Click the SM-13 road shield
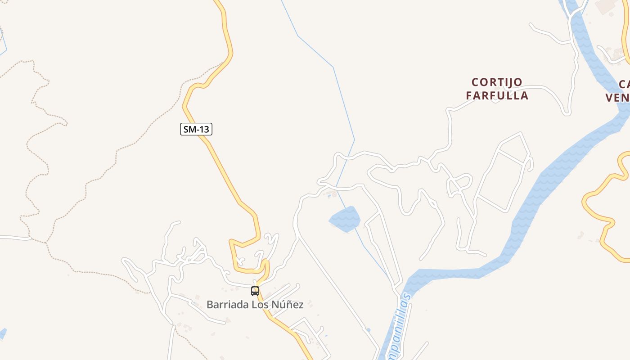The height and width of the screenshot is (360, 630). [x=196, y=130]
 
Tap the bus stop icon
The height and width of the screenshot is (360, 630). [x=255, y=291]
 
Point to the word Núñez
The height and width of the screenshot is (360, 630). [x=287, y=305]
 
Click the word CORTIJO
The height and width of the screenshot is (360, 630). [x=497, y=82]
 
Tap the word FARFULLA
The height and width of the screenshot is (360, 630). [x=497, y=96]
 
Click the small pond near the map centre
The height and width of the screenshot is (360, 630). [x=345, y=220]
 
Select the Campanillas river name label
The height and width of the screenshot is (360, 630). [x=396, y=326]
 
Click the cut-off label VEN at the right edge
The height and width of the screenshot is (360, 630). [x=617, y=98]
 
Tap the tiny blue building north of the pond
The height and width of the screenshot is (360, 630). [x=329, y=196]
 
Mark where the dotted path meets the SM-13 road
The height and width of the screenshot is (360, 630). [x=224, y=63]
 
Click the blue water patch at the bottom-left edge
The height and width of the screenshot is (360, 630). [x=2, y=333]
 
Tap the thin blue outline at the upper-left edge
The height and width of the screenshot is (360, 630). [x=4, y=45]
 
